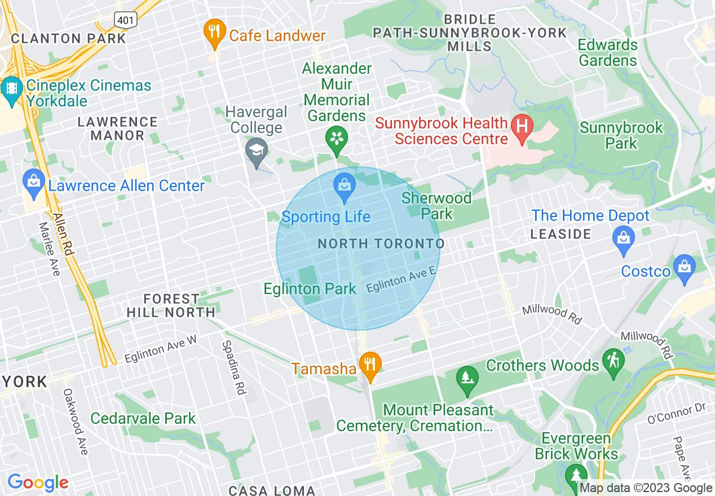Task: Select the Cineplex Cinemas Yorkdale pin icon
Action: point(11,90)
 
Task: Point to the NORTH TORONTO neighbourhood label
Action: point(381,244)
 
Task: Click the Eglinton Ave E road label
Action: point(401,280)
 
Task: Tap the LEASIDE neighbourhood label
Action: point(560,234)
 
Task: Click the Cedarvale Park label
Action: point(143,418)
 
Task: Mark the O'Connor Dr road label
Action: point(676,414)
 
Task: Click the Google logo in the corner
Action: point(38,483)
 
